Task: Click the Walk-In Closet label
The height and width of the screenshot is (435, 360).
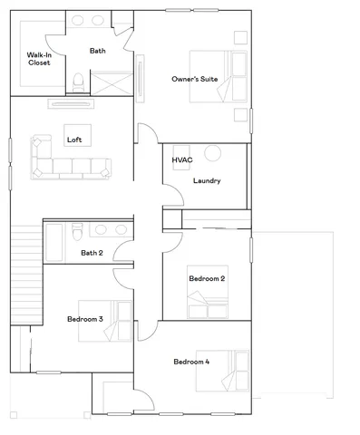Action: (x=38, y=61)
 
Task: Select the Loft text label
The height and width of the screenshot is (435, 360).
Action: (x=73, y=140)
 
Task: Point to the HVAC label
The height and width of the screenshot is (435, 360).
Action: (x=181, y=160)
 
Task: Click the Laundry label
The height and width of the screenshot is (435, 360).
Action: (x=207, y=180)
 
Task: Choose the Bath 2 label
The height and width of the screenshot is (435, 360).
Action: (x=92, y=253)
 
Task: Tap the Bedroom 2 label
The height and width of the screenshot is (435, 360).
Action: (x=207, y=278)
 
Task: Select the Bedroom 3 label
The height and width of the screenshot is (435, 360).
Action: (x=84, y=319)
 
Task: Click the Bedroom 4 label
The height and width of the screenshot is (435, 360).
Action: (x=191, y=362)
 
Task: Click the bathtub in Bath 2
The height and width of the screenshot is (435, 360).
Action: (x=54, y=241)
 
